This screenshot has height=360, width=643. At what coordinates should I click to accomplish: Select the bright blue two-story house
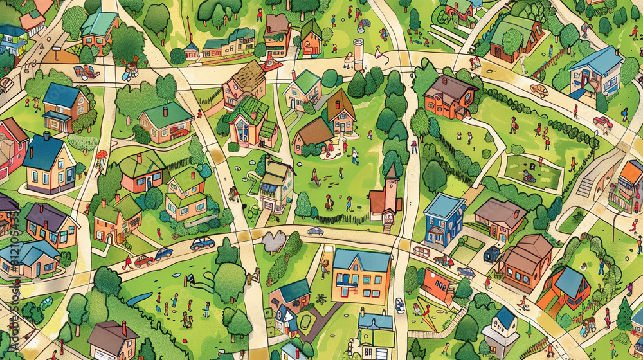pos(444,217)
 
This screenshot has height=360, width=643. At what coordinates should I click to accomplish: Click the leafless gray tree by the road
pos(273,242)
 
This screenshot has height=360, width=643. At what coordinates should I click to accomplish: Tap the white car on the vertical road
pos(399,305)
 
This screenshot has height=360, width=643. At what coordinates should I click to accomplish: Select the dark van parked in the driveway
pos(492,253)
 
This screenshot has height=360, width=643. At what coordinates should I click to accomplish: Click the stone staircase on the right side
pos(585,186)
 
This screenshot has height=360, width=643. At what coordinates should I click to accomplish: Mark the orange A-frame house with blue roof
pos(565,287)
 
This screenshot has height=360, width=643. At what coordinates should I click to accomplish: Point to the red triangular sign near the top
pos(271,62)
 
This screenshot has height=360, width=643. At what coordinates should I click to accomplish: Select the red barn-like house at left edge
pos(12,145)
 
